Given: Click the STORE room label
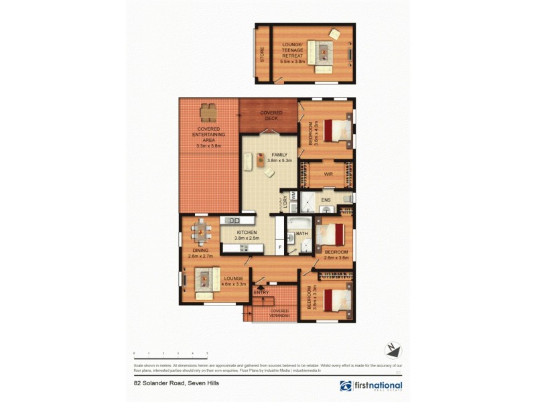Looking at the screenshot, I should pyautogui.click(x=262, y=54).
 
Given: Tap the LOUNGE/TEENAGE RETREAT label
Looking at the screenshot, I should pyautogui.click(x=292, y=52).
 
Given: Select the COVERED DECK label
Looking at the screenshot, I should pyautogui.click(x=271, y=115).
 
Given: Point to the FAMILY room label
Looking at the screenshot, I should pyautogui.click(x=275, y=157).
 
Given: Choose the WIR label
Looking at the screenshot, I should pyautogui.click(x=328, y=174).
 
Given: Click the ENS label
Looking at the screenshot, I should pyautogui.click(x=326, y=200).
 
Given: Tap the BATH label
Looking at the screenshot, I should pyautogui.click(x=301, y=233).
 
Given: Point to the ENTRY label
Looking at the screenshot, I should pyautogui.click(x=261, y=293).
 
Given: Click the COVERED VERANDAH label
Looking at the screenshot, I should pyautogui.click(x=280, y=313).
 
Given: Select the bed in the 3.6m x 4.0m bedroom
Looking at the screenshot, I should pyautogui.click(x=337, y=130).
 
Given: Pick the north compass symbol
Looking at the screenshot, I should pyautogui.click(x=393, y=349).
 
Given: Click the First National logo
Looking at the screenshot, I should pyautogui.click(x=371, y=386).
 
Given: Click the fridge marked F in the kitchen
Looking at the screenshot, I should pyautogui.click(x=280, y=247).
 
